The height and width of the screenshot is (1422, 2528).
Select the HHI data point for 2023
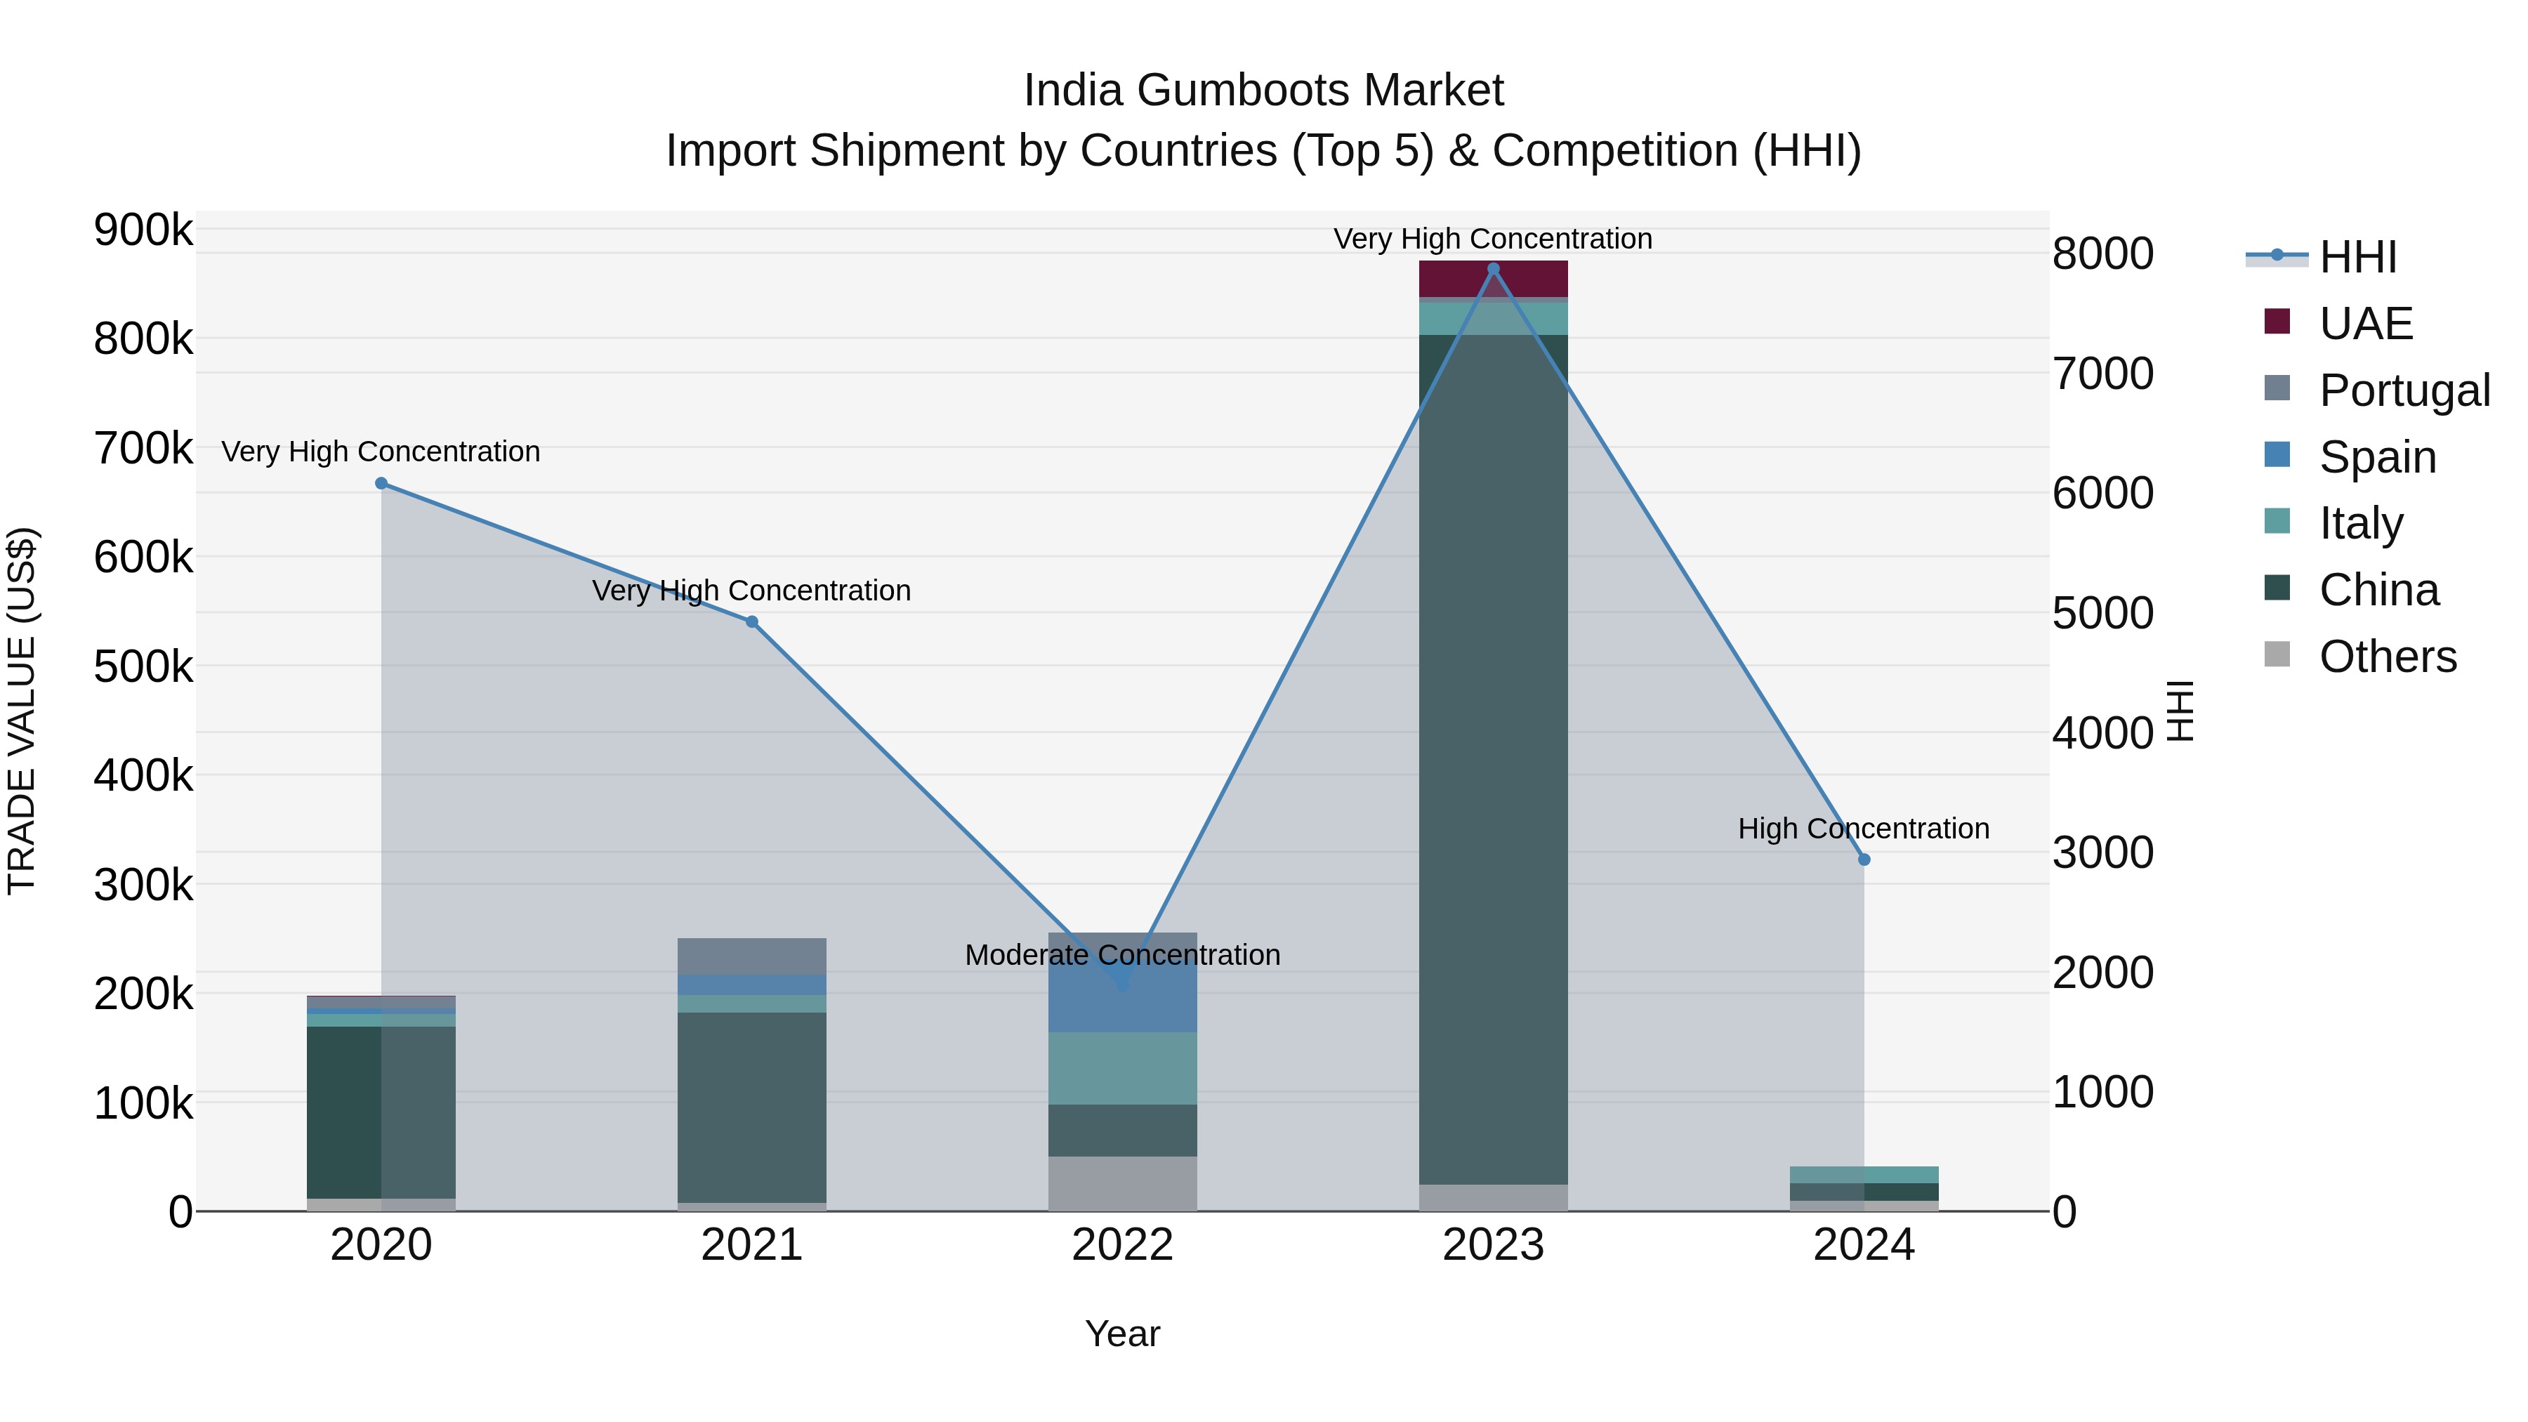1493,269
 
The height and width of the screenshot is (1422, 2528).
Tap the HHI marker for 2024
1864,860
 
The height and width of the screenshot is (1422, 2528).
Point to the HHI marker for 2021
751,621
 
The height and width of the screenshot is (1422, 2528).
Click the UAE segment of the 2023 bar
1493,279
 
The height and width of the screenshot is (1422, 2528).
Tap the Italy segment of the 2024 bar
1864,1175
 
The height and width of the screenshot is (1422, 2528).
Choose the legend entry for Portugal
2404,390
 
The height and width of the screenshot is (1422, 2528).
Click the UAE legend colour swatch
2277,322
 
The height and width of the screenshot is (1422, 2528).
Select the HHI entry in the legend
2357,257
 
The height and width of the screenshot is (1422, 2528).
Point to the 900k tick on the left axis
143,230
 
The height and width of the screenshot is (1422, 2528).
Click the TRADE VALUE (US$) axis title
22,711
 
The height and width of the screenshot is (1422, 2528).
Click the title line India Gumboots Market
1263,91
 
